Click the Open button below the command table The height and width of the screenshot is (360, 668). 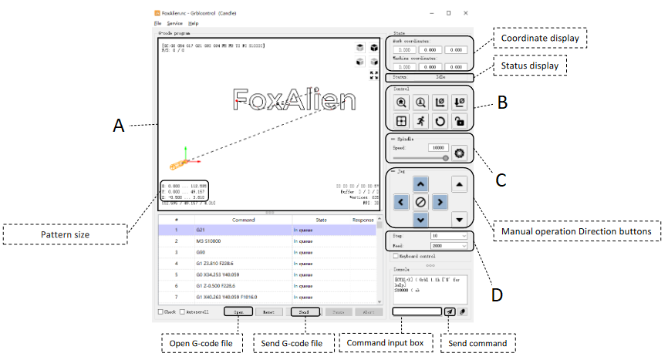pos(239,312)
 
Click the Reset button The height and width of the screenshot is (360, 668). pos(269,312)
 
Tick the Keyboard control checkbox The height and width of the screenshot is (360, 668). pos(396,255)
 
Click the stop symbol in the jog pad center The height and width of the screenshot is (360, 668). pos(420,202)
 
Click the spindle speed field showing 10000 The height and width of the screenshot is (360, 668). pos(438,147)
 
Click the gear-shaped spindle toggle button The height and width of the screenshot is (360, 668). pos(461,151)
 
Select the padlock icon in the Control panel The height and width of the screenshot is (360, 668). pos(457,121)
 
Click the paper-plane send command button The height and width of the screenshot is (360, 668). pos(450,311)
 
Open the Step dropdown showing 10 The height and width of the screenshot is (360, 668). pos(448,236)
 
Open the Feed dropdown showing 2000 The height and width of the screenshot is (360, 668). pos(448,245)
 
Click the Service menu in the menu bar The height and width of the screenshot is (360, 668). pos(174,24)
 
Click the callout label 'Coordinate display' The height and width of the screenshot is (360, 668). pos(539,38)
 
